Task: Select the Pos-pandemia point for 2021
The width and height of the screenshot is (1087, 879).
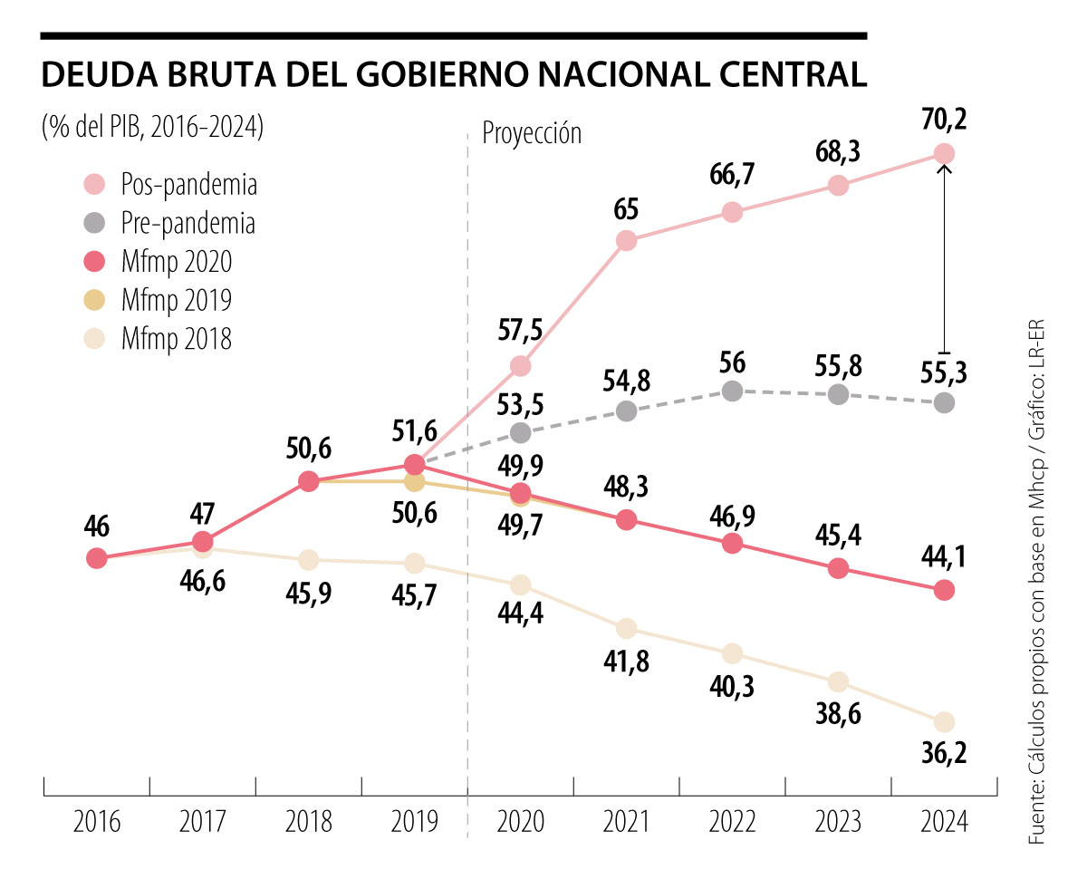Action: point(626,240)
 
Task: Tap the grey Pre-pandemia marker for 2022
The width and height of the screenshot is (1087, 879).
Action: point(732,391)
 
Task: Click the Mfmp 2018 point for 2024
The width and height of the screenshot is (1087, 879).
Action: point(944,721)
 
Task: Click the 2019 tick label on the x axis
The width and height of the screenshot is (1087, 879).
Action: point(414,822)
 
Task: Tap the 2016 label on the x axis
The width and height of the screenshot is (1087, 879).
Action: point(97,822)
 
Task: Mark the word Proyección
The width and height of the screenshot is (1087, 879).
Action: point(532,133)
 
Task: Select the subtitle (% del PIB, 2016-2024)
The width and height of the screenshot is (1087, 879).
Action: point(152,127)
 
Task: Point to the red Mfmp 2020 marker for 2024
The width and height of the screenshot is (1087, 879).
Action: point(944,590)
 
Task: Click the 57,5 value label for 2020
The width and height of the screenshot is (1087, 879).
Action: point(520,330)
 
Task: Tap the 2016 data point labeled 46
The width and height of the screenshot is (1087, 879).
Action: point(97,558)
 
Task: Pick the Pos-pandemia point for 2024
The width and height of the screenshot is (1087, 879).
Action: point(944,153)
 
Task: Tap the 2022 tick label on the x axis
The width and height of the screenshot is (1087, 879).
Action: point(732,822)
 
